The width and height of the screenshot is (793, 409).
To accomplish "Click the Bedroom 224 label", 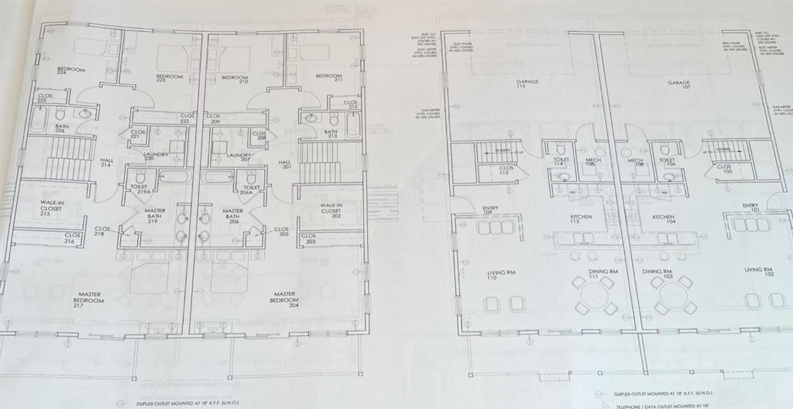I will pos(71,71).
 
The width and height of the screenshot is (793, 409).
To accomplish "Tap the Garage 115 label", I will pos(527,84).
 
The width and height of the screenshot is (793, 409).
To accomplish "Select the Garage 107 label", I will pos(679,85).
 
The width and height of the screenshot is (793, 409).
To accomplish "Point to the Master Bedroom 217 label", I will pos(88,300).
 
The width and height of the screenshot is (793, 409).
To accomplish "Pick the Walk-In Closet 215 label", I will pos(52,207).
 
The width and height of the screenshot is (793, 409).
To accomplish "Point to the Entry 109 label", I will pos(490,210).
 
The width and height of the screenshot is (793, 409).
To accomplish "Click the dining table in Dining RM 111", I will pos(594,295).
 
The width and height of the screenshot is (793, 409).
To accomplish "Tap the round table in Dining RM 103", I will pos(673,295).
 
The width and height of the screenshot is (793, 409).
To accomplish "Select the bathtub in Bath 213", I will pos(353,125).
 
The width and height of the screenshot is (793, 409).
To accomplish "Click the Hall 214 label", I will pos(106,163).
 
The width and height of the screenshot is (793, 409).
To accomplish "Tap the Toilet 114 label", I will pos(561,162).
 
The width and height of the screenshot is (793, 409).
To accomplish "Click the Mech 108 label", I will pos(635,162).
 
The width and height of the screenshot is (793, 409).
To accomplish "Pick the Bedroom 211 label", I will pos(328,78).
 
